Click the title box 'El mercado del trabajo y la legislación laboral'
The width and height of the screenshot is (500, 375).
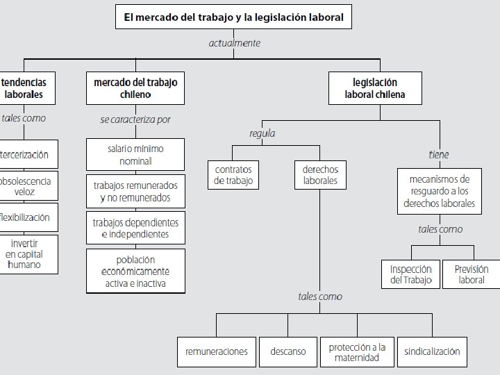pyautogui.click(x=233, y=17)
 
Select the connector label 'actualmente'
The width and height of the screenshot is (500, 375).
pyautogui.click(x=235, y=43)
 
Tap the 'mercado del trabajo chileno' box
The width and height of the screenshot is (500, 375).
pyautogui.click(x=135, y=88)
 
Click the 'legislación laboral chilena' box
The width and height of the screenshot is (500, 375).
pyautogui.click(x=374, y=88)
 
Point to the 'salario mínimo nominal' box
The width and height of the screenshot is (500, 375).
pyautogui.click(x=135, y=155)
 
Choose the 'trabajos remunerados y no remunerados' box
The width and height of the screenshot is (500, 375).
pyautogui.click(x=135, y=192)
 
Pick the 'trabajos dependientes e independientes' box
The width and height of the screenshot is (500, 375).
pyautogui.click(x=135, y=228)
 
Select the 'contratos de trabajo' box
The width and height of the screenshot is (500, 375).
pyautogui.click(x=233, y=175)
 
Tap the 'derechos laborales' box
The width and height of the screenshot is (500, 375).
pyautogui.click(x=320, y=175)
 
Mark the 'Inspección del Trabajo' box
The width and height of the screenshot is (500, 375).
pyautogui.click(x=410, y=274)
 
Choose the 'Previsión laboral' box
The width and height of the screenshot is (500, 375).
pyautogui.click(x=472, y=274)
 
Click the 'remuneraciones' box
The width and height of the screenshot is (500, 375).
pyautogui.click(x=216, y=352)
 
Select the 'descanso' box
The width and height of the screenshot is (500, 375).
pyautogui.click(x=287, y=352)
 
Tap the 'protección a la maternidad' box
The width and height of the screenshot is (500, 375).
pyautogui.click(x=358, y=352)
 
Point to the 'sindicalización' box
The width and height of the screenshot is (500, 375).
pyautogui.click(x=432, y=352)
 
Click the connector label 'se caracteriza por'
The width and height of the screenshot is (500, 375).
pyautogui.click(x=135, y=119)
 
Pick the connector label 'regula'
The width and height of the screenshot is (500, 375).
pyautogui.click(x=262, y=133)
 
